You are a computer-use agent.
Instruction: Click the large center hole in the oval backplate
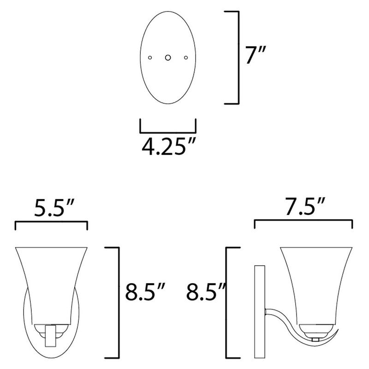coord(168,58)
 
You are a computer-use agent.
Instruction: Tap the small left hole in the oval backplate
coord(149,58)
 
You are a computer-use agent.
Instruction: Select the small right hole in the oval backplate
coord(186,58)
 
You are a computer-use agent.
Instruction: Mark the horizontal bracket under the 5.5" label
coord(51,222)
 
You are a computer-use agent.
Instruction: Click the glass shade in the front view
coord(51,281)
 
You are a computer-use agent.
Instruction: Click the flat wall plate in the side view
coord(258,314)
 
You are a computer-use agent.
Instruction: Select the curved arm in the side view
coord(284,318)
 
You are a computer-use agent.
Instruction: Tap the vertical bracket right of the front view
coord(119,302)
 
